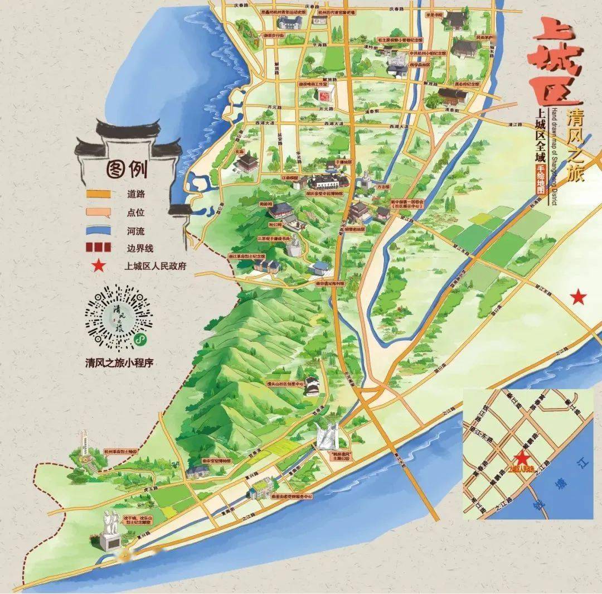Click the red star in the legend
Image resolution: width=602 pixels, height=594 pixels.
click(98, 266)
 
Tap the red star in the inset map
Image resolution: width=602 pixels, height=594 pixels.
click(522, 458)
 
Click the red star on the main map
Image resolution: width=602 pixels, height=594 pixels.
click(579, 297)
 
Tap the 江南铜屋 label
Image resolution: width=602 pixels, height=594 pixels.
click(291, 178)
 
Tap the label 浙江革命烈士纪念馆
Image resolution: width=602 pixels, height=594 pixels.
click(247, 256)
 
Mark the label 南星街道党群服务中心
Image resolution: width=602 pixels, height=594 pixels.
click(290, 496)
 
